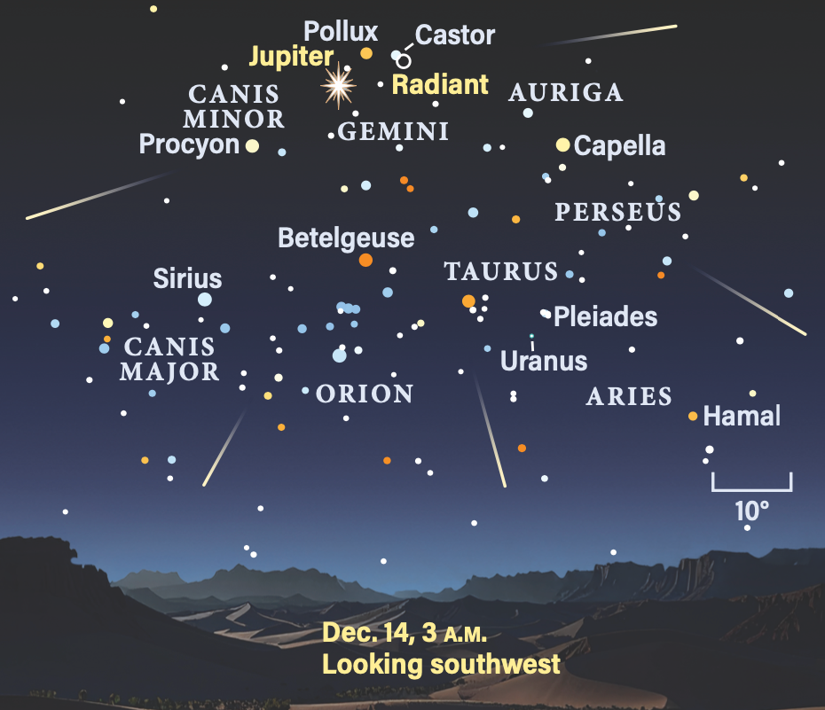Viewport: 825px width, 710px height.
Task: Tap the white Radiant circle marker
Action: [x=404, y=61]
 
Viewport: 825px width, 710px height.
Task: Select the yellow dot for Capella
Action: [x=562, y=144]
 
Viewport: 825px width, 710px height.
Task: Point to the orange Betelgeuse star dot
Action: [x=365, y=260]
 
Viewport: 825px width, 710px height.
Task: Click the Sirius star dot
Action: [x=205, y=300]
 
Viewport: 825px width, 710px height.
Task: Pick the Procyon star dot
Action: [x=253, y=145]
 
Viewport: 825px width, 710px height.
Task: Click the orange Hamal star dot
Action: [x=693, y=416]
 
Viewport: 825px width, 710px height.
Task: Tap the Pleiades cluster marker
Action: [x=546, y=313]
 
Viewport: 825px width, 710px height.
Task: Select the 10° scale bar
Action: [x=751, y=483]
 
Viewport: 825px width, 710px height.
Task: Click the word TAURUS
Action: [x=501, y=272]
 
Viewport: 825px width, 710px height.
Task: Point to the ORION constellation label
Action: [x=365, y=394]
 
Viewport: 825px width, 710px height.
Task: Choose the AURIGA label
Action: [x=566, y=92]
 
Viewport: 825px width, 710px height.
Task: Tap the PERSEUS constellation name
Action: [x=617, y=213]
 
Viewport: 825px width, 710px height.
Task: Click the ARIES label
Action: [x=629, y=397]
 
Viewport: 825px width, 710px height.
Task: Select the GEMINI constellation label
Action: [x=394, y=132]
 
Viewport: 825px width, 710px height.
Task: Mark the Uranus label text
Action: [x=544, y=361]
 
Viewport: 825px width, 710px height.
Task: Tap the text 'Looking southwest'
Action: [x=441, y=663]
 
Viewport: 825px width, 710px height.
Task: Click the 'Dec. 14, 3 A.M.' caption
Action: [x=405, y=634]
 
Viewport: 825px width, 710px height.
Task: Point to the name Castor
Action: [x=455, y=35]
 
